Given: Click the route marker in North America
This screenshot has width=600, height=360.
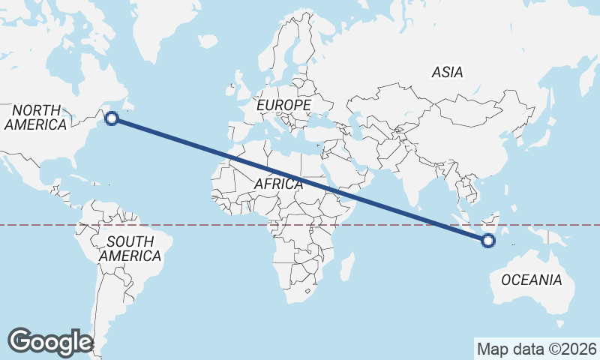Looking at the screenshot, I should [112, 118].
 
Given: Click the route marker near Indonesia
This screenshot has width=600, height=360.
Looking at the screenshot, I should [488, 241].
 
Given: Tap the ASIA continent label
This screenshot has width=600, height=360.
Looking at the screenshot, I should [447, 73].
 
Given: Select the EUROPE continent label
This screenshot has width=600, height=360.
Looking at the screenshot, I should [283, 106].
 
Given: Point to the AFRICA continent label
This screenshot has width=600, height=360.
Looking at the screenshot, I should [278, 184].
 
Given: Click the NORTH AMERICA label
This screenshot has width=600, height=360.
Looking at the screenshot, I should [35, 118].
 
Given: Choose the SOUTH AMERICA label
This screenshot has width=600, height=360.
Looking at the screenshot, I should [130, 249].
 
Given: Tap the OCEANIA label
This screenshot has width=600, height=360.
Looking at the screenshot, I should [531, 280].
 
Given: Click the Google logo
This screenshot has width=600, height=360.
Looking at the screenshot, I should [49, 342].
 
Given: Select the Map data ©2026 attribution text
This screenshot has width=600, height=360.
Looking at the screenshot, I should [537, 349].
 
